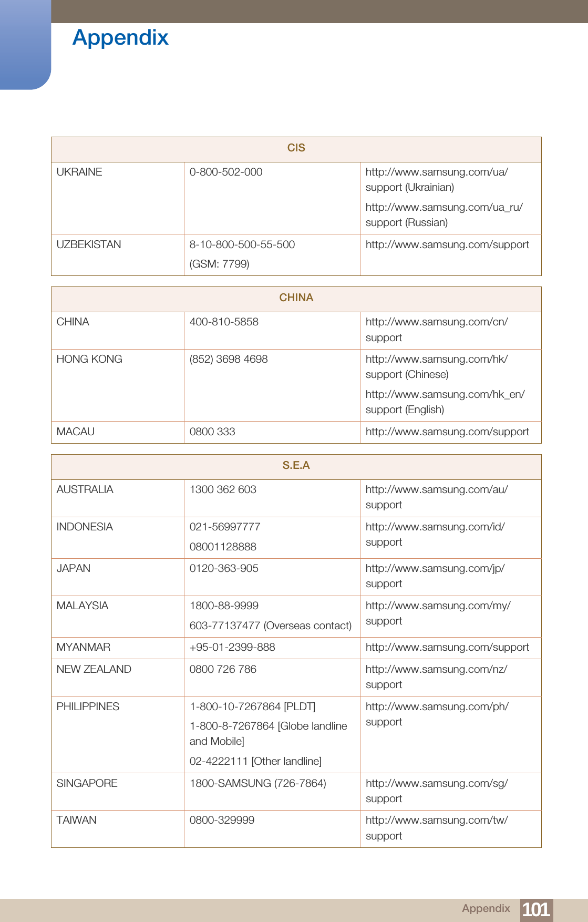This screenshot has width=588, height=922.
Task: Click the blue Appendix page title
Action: click(x=120, y=38)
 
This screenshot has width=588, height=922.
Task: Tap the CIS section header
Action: click(x=296, y=148)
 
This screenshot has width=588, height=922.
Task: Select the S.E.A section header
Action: click(x=296, y=466)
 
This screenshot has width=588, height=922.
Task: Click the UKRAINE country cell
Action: click(x=79, y=172)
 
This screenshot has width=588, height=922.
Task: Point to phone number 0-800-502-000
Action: click(x=226, y=172)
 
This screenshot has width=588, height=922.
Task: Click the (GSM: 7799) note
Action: click(x=219, y=264)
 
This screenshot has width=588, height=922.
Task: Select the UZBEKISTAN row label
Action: click(x=89, y=245)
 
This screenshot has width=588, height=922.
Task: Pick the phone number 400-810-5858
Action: click(x=224, y=322)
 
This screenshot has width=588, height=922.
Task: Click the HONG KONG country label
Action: click(x=89, y=360)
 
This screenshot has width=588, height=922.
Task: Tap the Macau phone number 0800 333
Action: click(x=212, y=432)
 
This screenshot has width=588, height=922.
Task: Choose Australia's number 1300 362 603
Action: click(x=223, y=490)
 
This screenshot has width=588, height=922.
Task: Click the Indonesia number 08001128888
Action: click(x=223, y=547)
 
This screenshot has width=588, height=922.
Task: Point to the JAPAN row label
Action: click(x=74, y=569)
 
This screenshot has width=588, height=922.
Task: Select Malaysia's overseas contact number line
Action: click(x=270, y=626)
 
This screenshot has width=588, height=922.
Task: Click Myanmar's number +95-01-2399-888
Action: click(x=232, y=648)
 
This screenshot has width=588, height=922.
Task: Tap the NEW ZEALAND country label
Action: click(x=94, y=670)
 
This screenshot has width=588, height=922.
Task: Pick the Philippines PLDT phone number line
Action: click(x=252, y=707)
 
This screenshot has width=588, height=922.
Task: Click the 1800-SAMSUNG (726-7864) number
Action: click(x=257, y=784)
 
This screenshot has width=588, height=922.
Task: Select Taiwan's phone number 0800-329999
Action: click(x=222, y=821)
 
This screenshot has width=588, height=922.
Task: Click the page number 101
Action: click(x=535, y=909)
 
